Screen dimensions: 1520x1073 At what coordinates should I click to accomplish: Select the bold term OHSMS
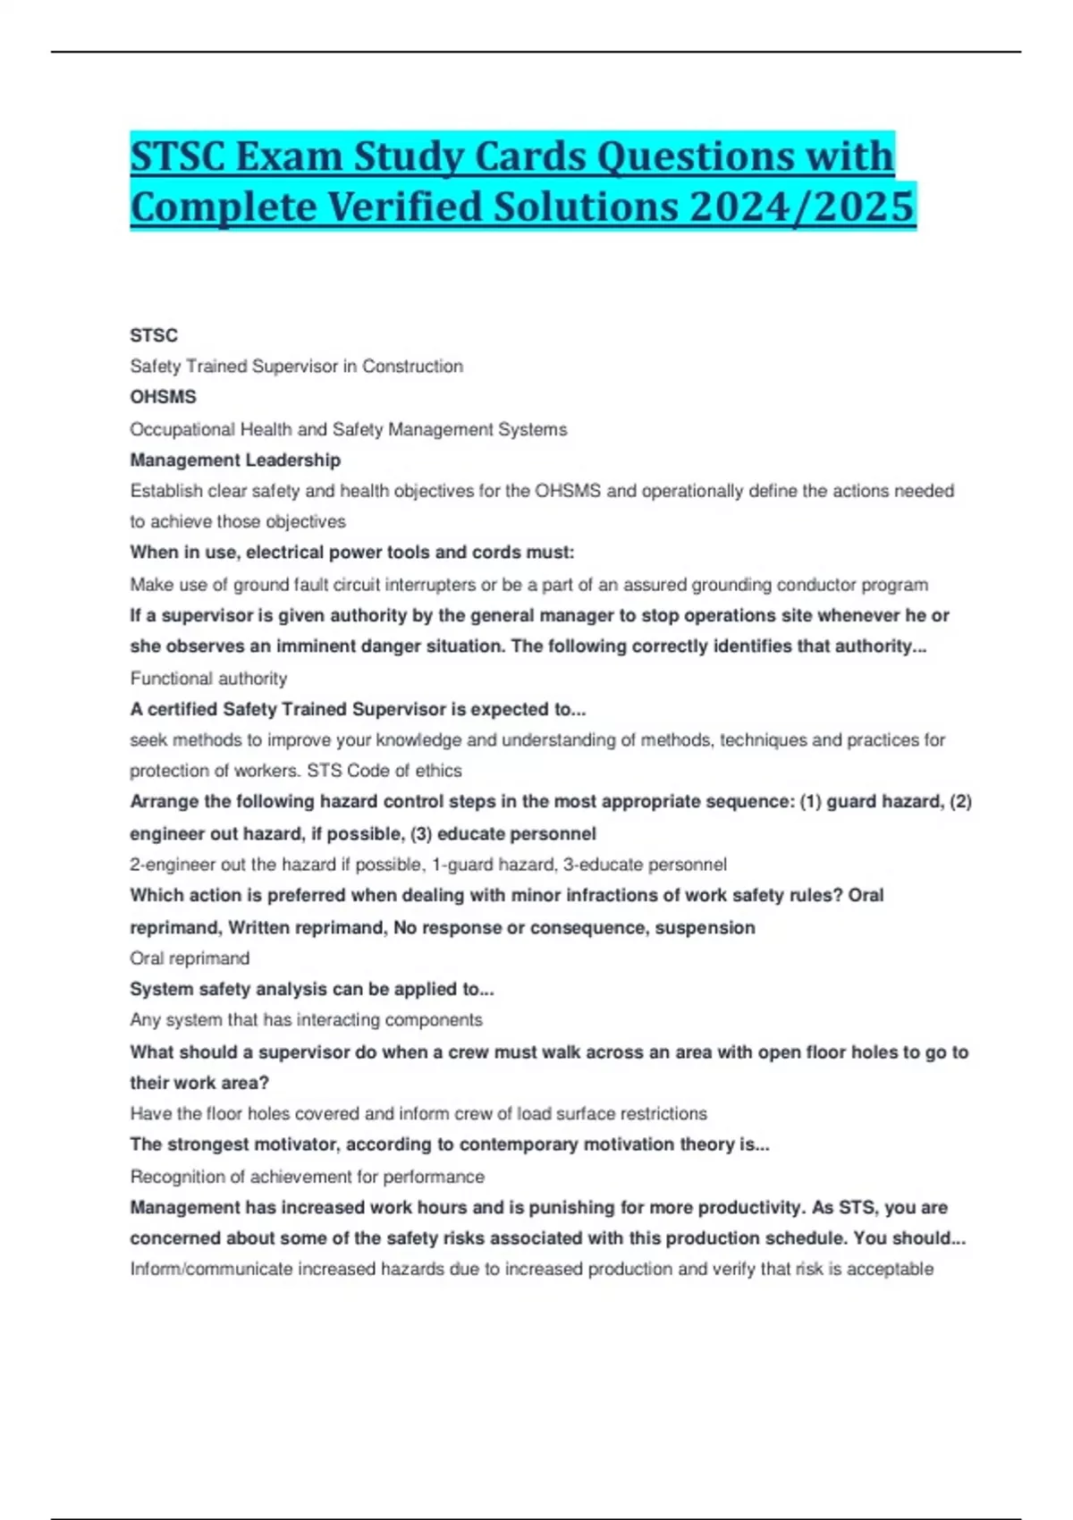tap(163, 397)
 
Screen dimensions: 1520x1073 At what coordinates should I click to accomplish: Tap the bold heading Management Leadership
tap(235, 460)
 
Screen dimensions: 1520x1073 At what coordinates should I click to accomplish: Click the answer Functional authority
tap(208, 679)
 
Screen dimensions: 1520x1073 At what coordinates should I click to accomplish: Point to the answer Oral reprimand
tap(190, 958)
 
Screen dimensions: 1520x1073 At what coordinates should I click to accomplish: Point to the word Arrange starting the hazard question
tap(162, 802)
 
